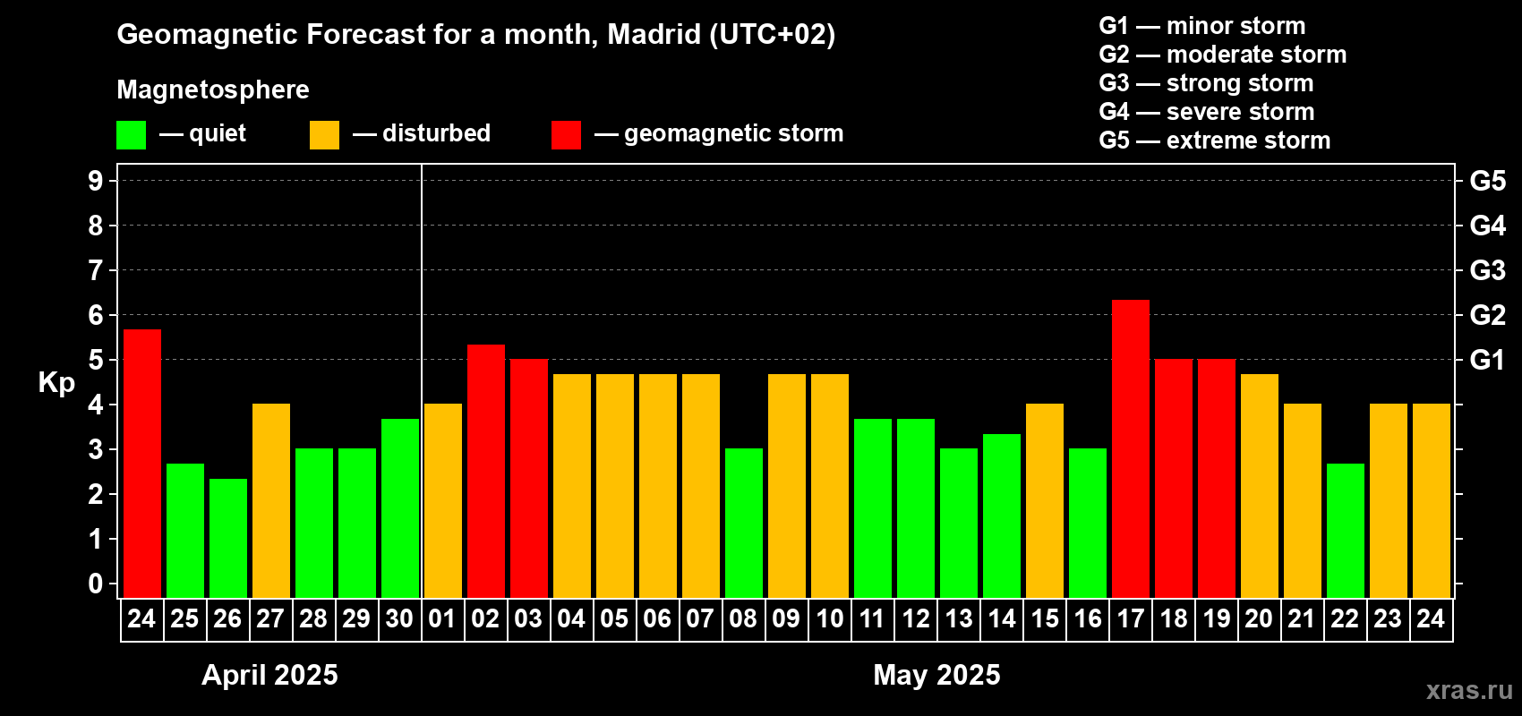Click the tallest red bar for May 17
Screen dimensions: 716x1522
[1130, 447]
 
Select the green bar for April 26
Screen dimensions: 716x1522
[228, 537]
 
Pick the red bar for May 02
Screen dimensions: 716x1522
[485, 470]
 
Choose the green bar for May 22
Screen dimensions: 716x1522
[1345, 530]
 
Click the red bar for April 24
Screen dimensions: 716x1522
[142, 463]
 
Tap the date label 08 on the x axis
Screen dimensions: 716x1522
[743, 619]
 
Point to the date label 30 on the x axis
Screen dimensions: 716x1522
[399, 619]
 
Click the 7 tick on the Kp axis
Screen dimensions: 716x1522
[96, 270]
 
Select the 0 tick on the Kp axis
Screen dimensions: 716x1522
[96, 584]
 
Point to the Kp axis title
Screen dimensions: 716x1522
[56, 383]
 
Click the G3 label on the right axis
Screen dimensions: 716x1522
[1487, 270]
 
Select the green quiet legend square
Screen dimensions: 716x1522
[132, 135]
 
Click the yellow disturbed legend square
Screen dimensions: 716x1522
[324, 135]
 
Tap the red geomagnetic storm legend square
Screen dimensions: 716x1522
[566, 135]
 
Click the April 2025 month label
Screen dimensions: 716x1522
[269, 675]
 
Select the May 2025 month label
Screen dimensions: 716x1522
[936, 675]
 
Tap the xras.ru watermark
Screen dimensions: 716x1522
[1468, 690]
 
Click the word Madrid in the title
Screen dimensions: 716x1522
[654, 35]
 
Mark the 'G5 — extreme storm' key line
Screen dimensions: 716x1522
[1214, 141]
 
